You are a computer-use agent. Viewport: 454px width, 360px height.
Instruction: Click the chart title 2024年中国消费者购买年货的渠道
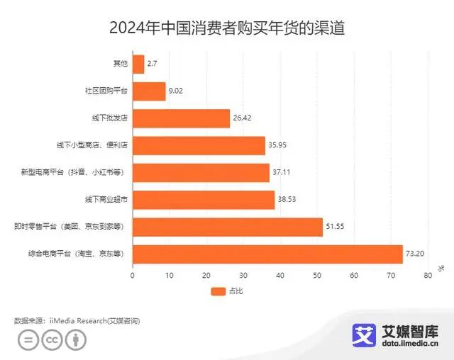(x=227, y=28)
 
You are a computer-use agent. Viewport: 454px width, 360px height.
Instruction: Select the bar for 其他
(x=138, y=64)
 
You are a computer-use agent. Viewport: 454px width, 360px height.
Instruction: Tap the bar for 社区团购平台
(x=149, y=91)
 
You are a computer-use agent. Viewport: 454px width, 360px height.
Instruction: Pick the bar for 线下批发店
(x=181, y=118)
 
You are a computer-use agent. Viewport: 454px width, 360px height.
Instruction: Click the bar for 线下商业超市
(x=204, y=200)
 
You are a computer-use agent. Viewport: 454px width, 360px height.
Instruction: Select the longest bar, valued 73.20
(x=267, y=254)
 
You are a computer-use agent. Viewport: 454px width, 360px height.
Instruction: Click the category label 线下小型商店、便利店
(x=92, y=146)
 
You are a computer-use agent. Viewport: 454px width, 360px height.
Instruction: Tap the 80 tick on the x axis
(x=428, y=276)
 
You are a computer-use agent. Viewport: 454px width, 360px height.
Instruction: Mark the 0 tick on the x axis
(x=133, y=276)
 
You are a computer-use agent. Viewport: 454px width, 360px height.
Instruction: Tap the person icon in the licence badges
(x=76, y=341)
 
